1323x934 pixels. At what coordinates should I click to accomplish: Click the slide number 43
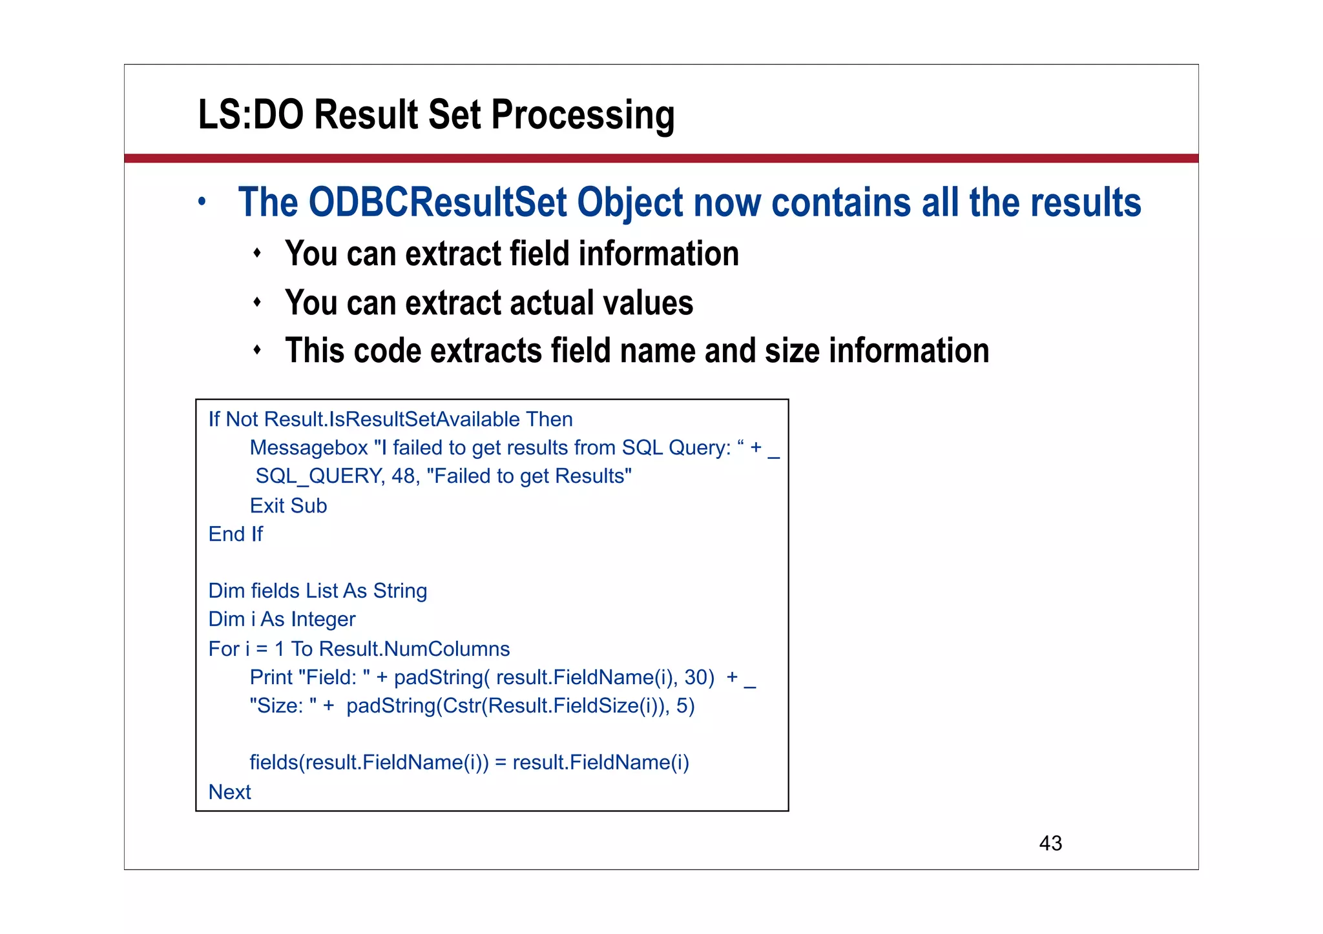1050,843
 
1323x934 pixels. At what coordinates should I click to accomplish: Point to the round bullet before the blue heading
202,202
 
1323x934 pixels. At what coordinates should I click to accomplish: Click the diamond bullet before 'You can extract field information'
257,253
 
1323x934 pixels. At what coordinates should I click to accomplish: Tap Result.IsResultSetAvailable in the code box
391,420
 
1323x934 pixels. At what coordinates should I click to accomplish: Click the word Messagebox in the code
308,448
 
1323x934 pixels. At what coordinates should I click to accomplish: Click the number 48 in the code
403,476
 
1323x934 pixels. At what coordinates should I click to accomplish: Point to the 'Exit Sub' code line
288,505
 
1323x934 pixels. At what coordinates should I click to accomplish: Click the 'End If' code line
235,534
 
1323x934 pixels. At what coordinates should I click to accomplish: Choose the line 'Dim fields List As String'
317,591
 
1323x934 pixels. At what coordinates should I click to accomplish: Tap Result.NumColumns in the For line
414,649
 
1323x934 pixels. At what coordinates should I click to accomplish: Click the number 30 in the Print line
696,677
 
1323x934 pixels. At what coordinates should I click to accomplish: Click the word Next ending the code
229,792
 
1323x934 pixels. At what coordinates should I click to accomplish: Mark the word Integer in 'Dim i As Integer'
323,620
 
